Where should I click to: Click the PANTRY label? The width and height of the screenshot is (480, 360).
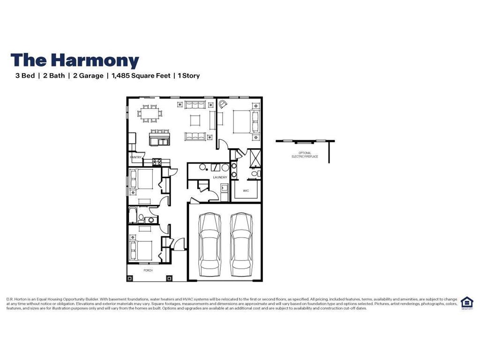[x=136, y=157]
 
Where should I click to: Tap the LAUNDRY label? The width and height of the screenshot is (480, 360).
[x=220, y=177]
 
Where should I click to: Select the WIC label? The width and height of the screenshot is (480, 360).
[x=246, y=191]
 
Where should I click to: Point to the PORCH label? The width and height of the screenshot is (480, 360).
[x=148, y=270]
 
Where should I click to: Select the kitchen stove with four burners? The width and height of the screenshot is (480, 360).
[x=157, y=162]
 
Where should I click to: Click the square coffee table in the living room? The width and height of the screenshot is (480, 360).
[x=195, y=120]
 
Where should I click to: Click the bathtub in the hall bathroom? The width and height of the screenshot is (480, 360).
[x=132, y=215]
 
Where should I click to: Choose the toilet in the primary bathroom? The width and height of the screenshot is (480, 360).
[x=254, y=174]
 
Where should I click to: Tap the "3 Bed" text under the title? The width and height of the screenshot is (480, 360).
[x=25, y=75]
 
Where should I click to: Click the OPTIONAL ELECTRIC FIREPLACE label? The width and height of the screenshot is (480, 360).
[x=305, y=154]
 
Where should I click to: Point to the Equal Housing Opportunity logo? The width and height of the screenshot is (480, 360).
[x=467, y=303]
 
